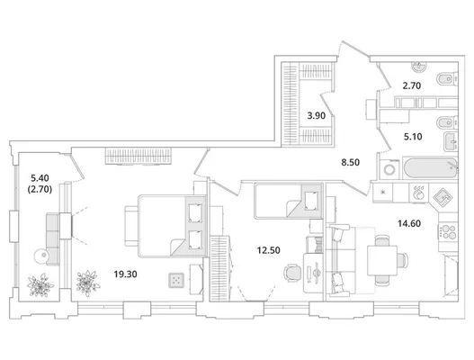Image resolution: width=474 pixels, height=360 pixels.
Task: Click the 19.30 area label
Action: pos(125,274)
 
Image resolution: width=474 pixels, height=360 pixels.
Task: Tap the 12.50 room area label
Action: pos(268,250)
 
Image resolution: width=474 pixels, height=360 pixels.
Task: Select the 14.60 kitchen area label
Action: pos(409,223)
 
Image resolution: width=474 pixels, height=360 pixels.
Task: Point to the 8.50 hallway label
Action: pos(351,163)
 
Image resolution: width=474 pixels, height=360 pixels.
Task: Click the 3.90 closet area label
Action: pos(317,115)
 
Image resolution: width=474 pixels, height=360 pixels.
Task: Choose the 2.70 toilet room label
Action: pos(412,85)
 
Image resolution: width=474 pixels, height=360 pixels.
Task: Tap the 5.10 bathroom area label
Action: pos(413,137)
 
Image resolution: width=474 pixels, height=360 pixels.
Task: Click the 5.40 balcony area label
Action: pos(40,177)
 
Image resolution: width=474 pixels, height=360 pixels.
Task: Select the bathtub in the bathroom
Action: pos(430,168)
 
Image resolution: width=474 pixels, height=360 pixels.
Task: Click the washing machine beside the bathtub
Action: pos(389,169)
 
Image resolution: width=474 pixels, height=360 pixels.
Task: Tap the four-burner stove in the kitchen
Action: pos(448,231)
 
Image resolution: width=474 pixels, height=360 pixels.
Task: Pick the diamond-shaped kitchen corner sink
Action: pos(443,197)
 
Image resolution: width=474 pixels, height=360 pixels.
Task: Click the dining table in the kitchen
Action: pos(382,260)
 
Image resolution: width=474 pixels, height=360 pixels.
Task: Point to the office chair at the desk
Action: pos(291,273)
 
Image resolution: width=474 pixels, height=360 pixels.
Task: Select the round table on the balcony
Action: pos(41,256)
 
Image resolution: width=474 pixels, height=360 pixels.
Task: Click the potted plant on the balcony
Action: pos(40,285)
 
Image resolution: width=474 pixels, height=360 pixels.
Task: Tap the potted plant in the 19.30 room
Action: pos(87,283)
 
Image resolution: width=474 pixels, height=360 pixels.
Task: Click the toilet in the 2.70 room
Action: pos(448,79)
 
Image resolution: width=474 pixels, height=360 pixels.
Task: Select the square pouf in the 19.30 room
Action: pos(176,280)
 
